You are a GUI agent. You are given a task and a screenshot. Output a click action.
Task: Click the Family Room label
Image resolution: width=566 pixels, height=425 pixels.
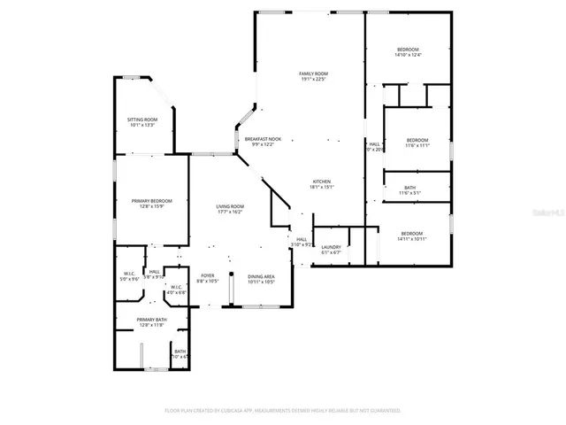313,73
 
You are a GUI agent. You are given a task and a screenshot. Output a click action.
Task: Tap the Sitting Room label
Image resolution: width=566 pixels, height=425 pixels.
142,120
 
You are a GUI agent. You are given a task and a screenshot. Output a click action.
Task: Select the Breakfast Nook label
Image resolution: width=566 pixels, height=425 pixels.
263,139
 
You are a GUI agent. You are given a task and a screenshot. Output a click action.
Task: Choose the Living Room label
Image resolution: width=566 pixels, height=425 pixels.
230,206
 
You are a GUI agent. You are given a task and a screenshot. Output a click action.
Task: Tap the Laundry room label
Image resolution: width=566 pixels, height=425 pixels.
332,247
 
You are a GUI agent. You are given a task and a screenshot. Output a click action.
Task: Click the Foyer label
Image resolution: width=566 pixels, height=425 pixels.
207,276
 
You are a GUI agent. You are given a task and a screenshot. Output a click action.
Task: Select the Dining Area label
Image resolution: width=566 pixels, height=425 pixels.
261,276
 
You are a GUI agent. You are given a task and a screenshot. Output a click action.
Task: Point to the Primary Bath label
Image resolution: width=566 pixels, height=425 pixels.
151,319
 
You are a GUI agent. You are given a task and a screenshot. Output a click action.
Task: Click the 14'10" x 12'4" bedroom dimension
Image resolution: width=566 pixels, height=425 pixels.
408,55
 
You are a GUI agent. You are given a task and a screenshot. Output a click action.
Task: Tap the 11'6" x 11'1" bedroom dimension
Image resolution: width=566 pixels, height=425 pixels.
417,146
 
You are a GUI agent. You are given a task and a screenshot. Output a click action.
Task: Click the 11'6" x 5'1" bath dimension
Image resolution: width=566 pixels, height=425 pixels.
409,192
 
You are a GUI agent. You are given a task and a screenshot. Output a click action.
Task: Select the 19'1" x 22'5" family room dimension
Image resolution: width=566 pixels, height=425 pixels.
313,80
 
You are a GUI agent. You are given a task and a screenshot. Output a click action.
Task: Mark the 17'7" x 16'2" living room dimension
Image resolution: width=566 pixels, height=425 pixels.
230,212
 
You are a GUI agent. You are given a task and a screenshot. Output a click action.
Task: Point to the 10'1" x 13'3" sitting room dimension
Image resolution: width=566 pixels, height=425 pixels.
142,126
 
